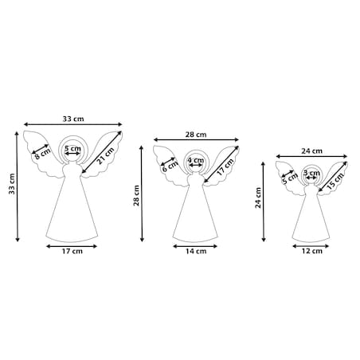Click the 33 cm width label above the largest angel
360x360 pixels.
(73, 119)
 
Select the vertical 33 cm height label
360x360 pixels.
(12, 184)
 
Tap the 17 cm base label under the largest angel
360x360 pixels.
(72, 251)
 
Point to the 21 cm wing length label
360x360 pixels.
(105, 156)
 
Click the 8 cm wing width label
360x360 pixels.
(42, 154)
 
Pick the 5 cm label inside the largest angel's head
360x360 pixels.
(72, 148)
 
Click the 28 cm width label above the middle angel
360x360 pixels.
(196, 135)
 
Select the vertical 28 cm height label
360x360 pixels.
(136, 196)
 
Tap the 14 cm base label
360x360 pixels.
(196, 251)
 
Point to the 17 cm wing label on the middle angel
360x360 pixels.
(225, 167)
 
